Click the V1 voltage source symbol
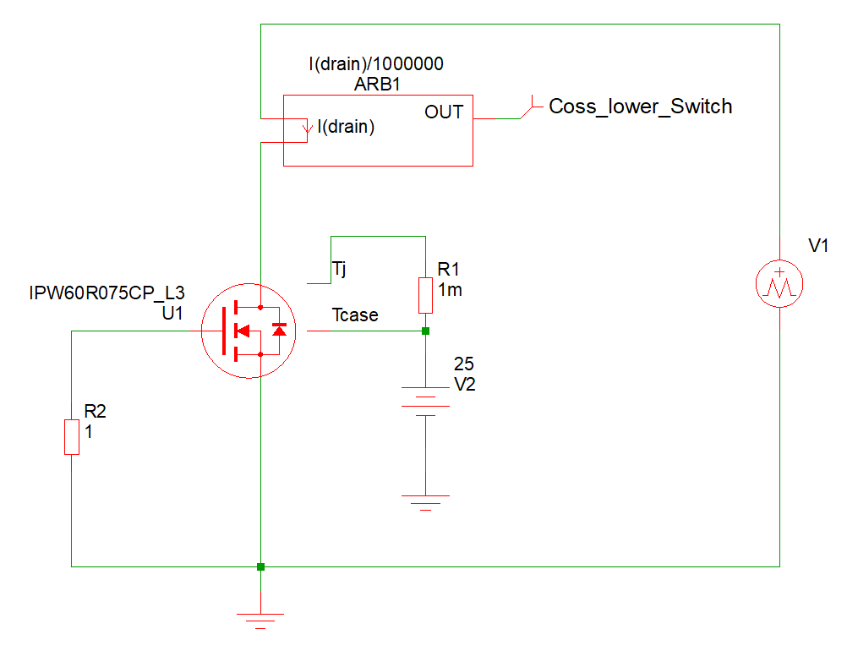point(779,284)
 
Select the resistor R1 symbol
point(425,294)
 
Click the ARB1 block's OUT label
point(443,112)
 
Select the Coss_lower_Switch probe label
point(640,107)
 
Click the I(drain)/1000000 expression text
point(376,64)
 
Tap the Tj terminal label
point(339,270)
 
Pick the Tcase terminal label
point(355,315)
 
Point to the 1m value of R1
point(450,290)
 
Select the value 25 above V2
point(463,364)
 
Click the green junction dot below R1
point(425,331)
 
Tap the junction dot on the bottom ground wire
point(260,566)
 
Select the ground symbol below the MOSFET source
point(260,621)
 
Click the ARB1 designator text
point(376,85)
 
